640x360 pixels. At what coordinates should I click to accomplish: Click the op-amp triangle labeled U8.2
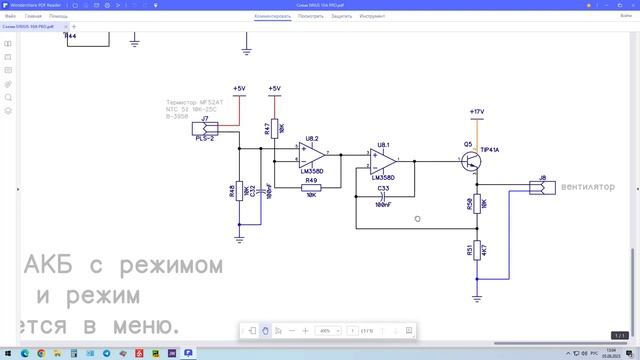coord(313,156)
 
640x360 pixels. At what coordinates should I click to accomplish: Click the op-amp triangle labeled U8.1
coord(383,160)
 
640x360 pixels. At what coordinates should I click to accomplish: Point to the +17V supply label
coord(477,111)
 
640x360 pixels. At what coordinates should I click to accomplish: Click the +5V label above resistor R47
coord(274,89)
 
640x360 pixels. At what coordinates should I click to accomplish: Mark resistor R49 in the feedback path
coord(311,187)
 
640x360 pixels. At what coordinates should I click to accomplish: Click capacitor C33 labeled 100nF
coord(383,195)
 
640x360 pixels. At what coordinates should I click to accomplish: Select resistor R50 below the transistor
coord(476,204)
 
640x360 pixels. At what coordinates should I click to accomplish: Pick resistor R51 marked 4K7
coord(476,249)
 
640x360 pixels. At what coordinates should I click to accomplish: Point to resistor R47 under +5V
coord(274,128)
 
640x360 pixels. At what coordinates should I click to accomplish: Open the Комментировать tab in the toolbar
coord(272,17)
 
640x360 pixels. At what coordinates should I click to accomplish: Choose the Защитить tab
coord(341,17)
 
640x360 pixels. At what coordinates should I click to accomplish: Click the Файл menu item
coord(10,17)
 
